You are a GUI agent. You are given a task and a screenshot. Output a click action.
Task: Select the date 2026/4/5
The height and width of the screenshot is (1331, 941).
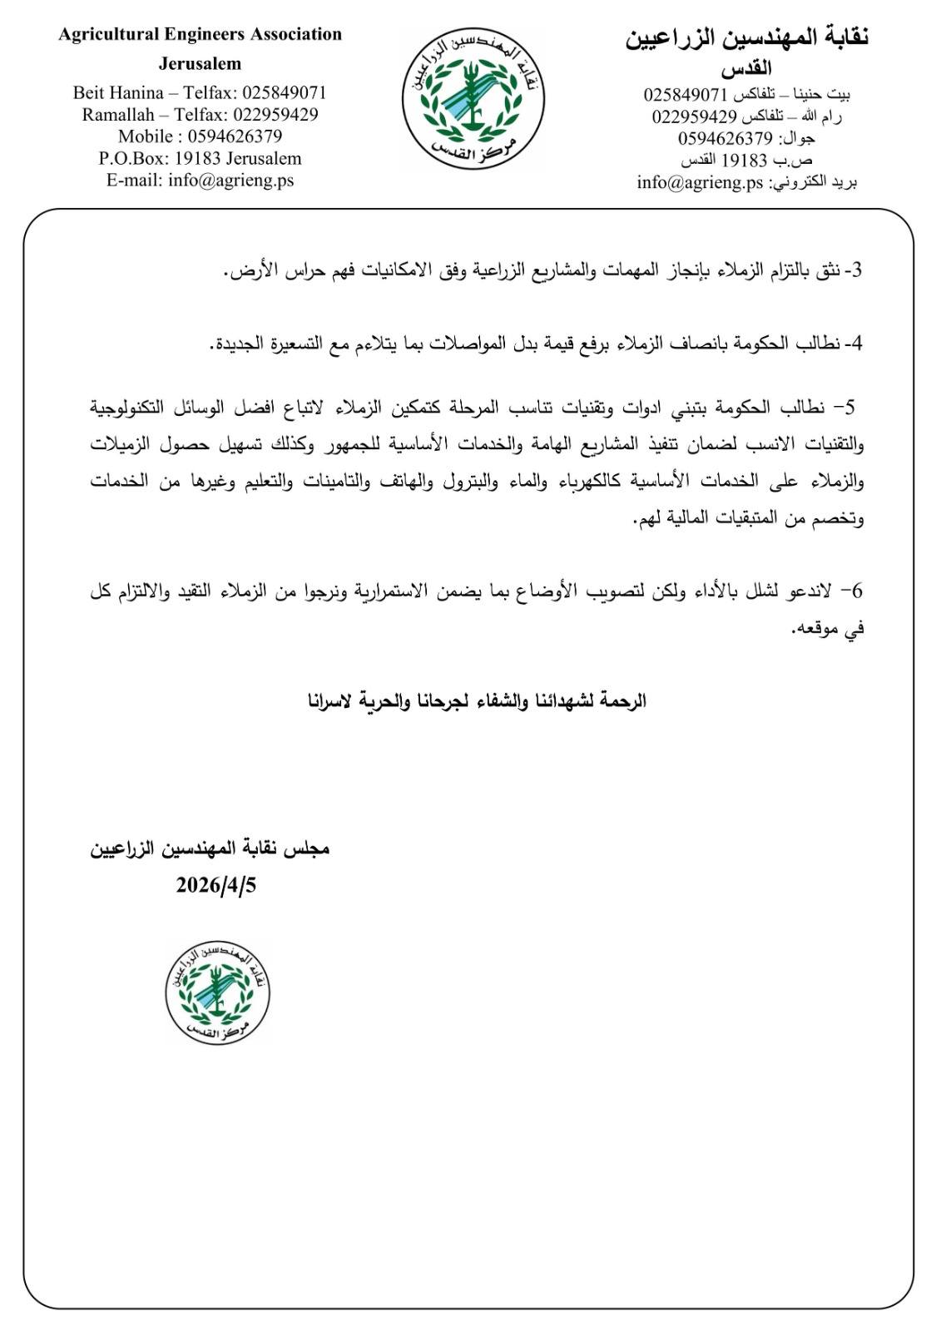pyautogui.click(x=215, y=885)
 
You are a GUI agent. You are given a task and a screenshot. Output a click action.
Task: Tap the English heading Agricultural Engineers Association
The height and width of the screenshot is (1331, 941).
pyautogui.click(x=200, y=35)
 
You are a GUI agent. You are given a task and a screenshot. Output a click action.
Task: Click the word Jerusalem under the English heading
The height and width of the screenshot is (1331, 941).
pyautogui.click(x=200, y=63)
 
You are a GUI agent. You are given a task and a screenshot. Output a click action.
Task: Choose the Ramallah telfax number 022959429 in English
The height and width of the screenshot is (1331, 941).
pyautogui.click(x=275, y=115)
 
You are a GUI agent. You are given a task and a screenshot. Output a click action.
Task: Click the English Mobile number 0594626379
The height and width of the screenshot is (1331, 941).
pyautogui.click(x=235, y=136)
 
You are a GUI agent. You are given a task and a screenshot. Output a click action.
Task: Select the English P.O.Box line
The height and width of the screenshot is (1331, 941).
pyautogui.click(x=200, y=158)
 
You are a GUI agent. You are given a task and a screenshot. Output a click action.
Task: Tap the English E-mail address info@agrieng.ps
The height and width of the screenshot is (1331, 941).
pyautogui.click(x=230, y=180)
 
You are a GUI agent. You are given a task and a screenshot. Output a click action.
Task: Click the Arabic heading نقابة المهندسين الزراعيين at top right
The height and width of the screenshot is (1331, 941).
pyautogui.click(x=746, y=37)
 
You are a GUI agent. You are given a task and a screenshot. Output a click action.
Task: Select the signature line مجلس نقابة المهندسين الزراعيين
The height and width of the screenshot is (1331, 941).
pyautogui.click(x=210, y=849)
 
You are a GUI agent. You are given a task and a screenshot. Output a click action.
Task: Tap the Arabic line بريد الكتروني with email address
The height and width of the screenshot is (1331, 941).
pyautogui.click(x=746, y=182)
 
